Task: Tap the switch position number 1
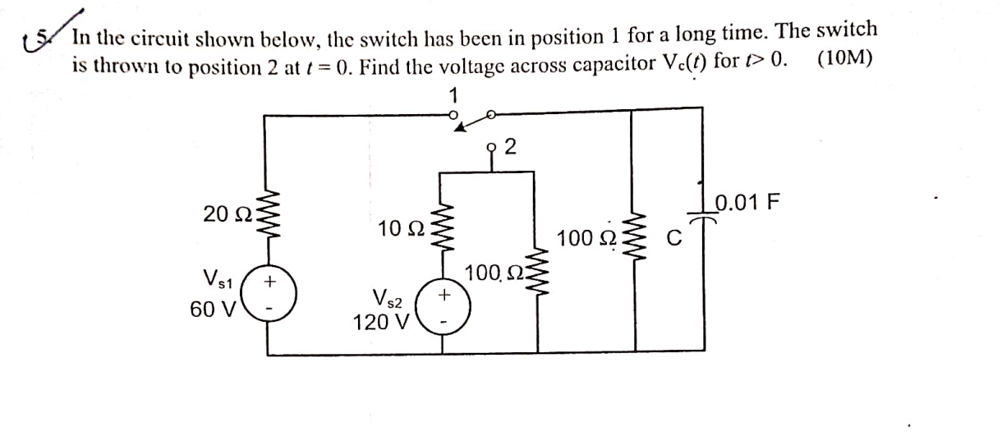pos(453,95)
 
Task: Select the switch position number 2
pos(510,148)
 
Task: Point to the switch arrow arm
pos(472,121)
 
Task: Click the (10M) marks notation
pos(846,62)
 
